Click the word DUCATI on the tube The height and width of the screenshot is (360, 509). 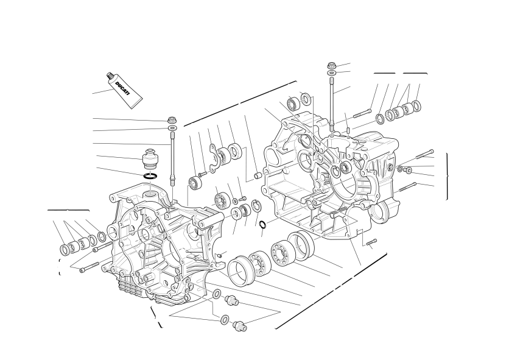[122, 88]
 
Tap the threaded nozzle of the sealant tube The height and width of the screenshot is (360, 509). [110, 76]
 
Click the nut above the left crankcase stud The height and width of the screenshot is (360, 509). [172, 119]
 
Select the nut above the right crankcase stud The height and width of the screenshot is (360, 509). [332, 65]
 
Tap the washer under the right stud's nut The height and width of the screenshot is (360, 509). [332, 72]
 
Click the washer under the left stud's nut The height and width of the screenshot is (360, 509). [172, 128]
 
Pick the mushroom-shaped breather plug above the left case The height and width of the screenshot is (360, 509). [150, 158]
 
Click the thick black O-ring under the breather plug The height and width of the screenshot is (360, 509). [150, 176]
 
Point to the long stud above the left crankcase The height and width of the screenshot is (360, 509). [172, 158]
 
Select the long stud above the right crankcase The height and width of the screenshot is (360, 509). [332, 104]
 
